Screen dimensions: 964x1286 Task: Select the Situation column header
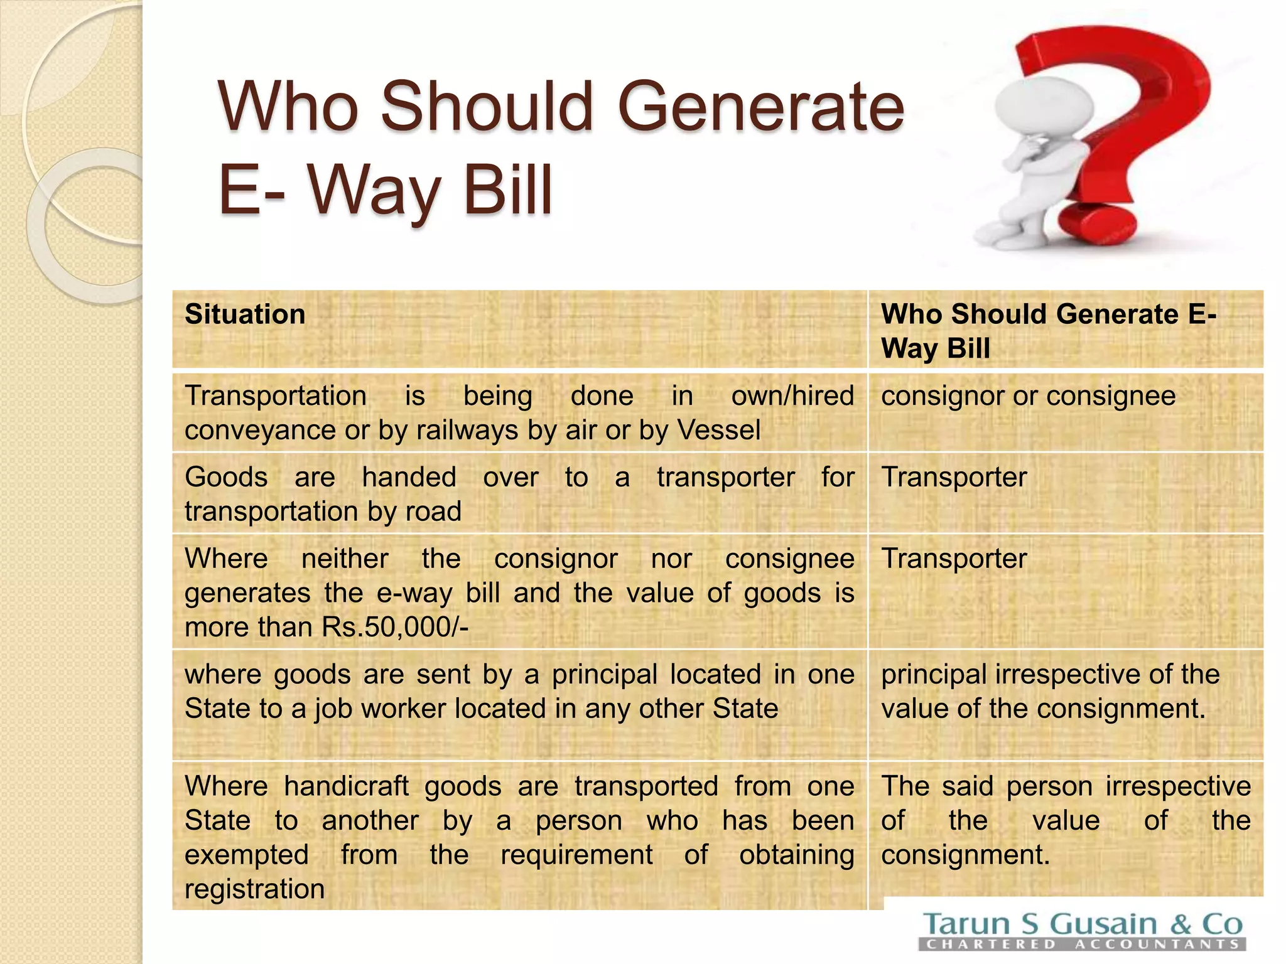(245, 314)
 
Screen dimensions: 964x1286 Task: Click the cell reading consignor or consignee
(1028, 396)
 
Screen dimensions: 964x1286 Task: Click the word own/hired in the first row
(792, 396)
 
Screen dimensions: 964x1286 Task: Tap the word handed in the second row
(409, 478)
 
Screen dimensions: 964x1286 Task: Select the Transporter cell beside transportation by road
(954, 478)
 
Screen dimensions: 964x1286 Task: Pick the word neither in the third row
(345, 559)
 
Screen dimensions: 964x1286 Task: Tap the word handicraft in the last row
(346, 786)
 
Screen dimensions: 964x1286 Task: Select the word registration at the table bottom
(254, 889)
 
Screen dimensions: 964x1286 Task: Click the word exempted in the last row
(246, 855)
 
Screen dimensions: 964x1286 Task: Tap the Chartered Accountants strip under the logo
(1082, 944)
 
